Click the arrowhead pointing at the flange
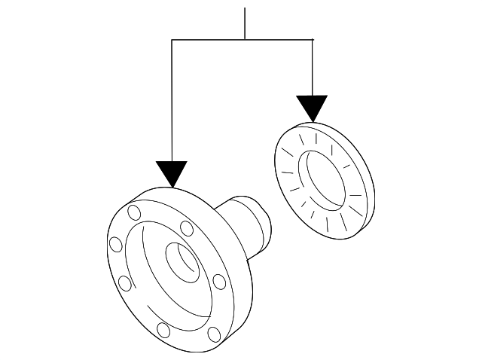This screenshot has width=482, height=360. click(x=172, y=174)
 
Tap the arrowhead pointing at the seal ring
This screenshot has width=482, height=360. click(x=312, y=108)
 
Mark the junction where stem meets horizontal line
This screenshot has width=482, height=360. click(x=246, y=39)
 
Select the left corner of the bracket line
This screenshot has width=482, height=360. click(x=172, y=39)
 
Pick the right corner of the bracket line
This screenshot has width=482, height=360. click(x=312, y=39)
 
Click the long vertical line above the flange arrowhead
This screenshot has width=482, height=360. click(x=172, y=98)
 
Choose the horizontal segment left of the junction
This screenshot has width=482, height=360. click(x=209, y=39)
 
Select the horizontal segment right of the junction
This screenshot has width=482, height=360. click(x=279, y=39)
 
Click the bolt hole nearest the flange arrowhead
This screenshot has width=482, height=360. click(x=134, y=212)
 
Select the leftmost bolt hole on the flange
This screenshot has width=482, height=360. click(x=115, y=245)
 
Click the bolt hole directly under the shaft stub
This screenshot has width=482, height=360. click(x=218, y=282)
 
